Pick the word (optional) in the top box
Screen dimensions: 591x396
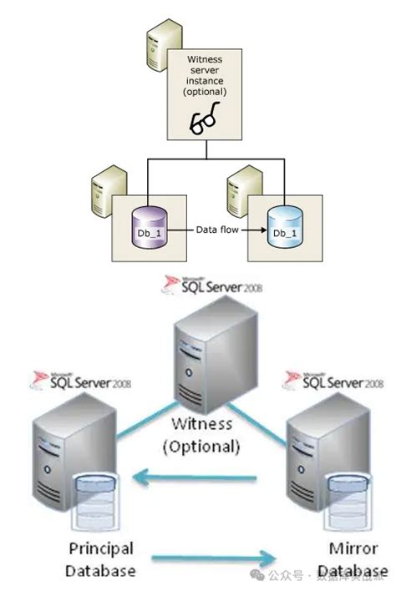point(205,90)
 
